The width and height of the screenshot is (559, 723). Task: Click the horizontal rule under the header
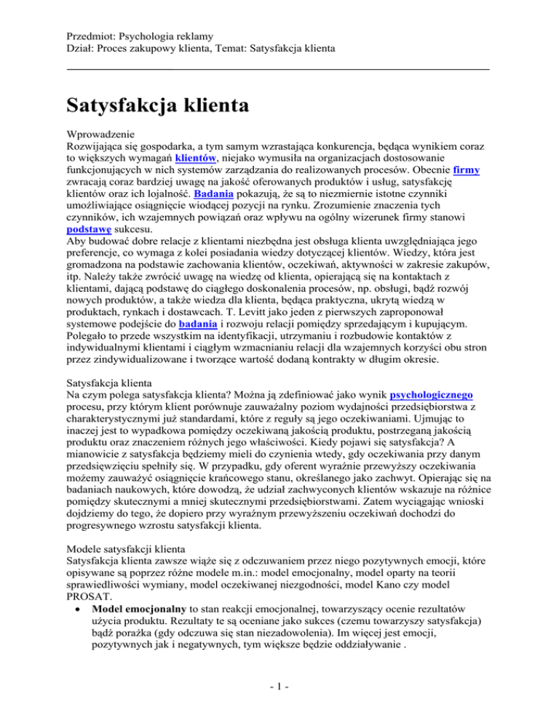point(279,69)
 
